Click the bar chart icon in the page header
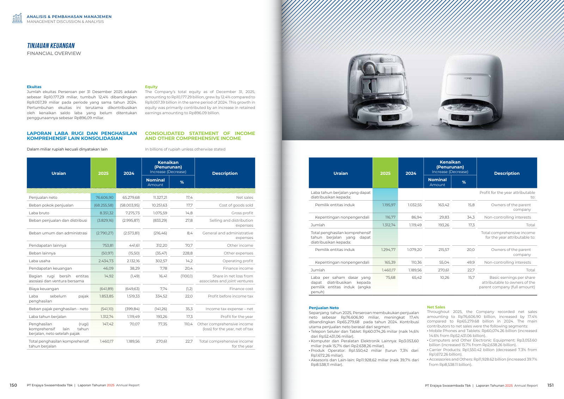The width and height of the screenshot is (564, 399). pos(17,18)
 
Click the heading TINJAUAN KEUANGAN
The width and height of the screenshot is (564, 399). pos(51,45)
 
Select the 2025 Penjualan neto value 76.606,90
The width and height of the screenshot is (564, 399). pos(104,198)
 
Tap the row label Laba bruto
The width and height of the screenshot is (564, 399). pos(39,213)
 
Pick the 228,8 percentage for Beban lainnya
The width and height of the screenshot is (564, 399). pos(188,253)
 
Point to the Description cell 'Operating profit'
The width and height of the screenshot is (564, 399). pos(238,261)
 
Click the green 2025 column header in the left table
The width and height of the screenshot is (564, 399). pos(103,173)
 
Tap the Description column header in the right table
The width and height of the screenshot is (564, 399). pos(507,173)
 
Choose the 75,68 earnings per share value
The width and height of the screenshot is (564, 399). pos(391,277)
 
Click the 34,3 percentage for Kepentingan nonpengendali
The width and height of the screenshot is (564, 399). pos(471,217)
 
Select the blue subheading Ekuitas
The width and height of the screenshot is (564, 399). pos(34,87)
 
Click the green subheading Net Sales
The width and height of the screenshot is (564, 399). pos(436,307)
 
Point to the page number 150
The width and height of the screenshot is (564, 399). pos(13,385)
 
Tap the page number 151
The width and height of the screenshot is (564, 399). pos(550,385)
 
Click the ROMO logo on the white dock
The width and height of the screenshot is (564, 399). pos(467,78)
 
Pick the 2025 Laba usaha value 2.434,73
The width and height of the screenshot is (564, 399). pos(106,261)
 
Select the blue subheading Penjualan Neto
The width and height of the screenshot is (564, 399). pos(324,308)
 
